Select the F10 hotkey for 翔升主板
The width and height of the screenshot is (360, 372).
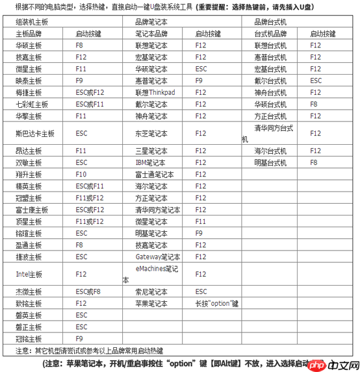coord(81,174)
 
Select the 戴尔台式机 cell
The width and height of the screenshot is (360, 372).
coord(270,81)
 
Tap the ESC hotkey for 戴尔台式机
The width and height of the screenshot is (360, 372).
coord(316,81)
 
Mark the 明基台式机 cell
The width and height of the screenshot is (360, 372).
coord(270,162)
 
